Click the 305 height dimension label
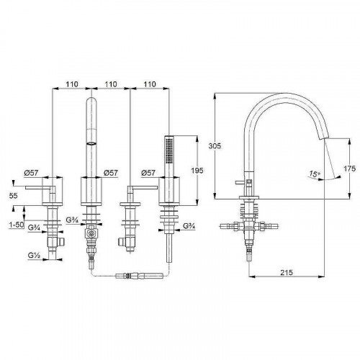[215, 145]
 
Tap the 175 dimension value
[350, 168]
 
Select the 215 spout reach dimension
[287, 272]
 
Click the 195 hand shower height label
[197, 170]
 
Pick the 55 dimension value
[14, 196]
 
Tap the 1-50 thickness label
[17, 225]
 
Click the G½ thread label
[34, 256]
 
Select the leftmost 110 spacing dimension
[72, 84]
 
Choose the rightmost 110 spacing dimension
[150, 84]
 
